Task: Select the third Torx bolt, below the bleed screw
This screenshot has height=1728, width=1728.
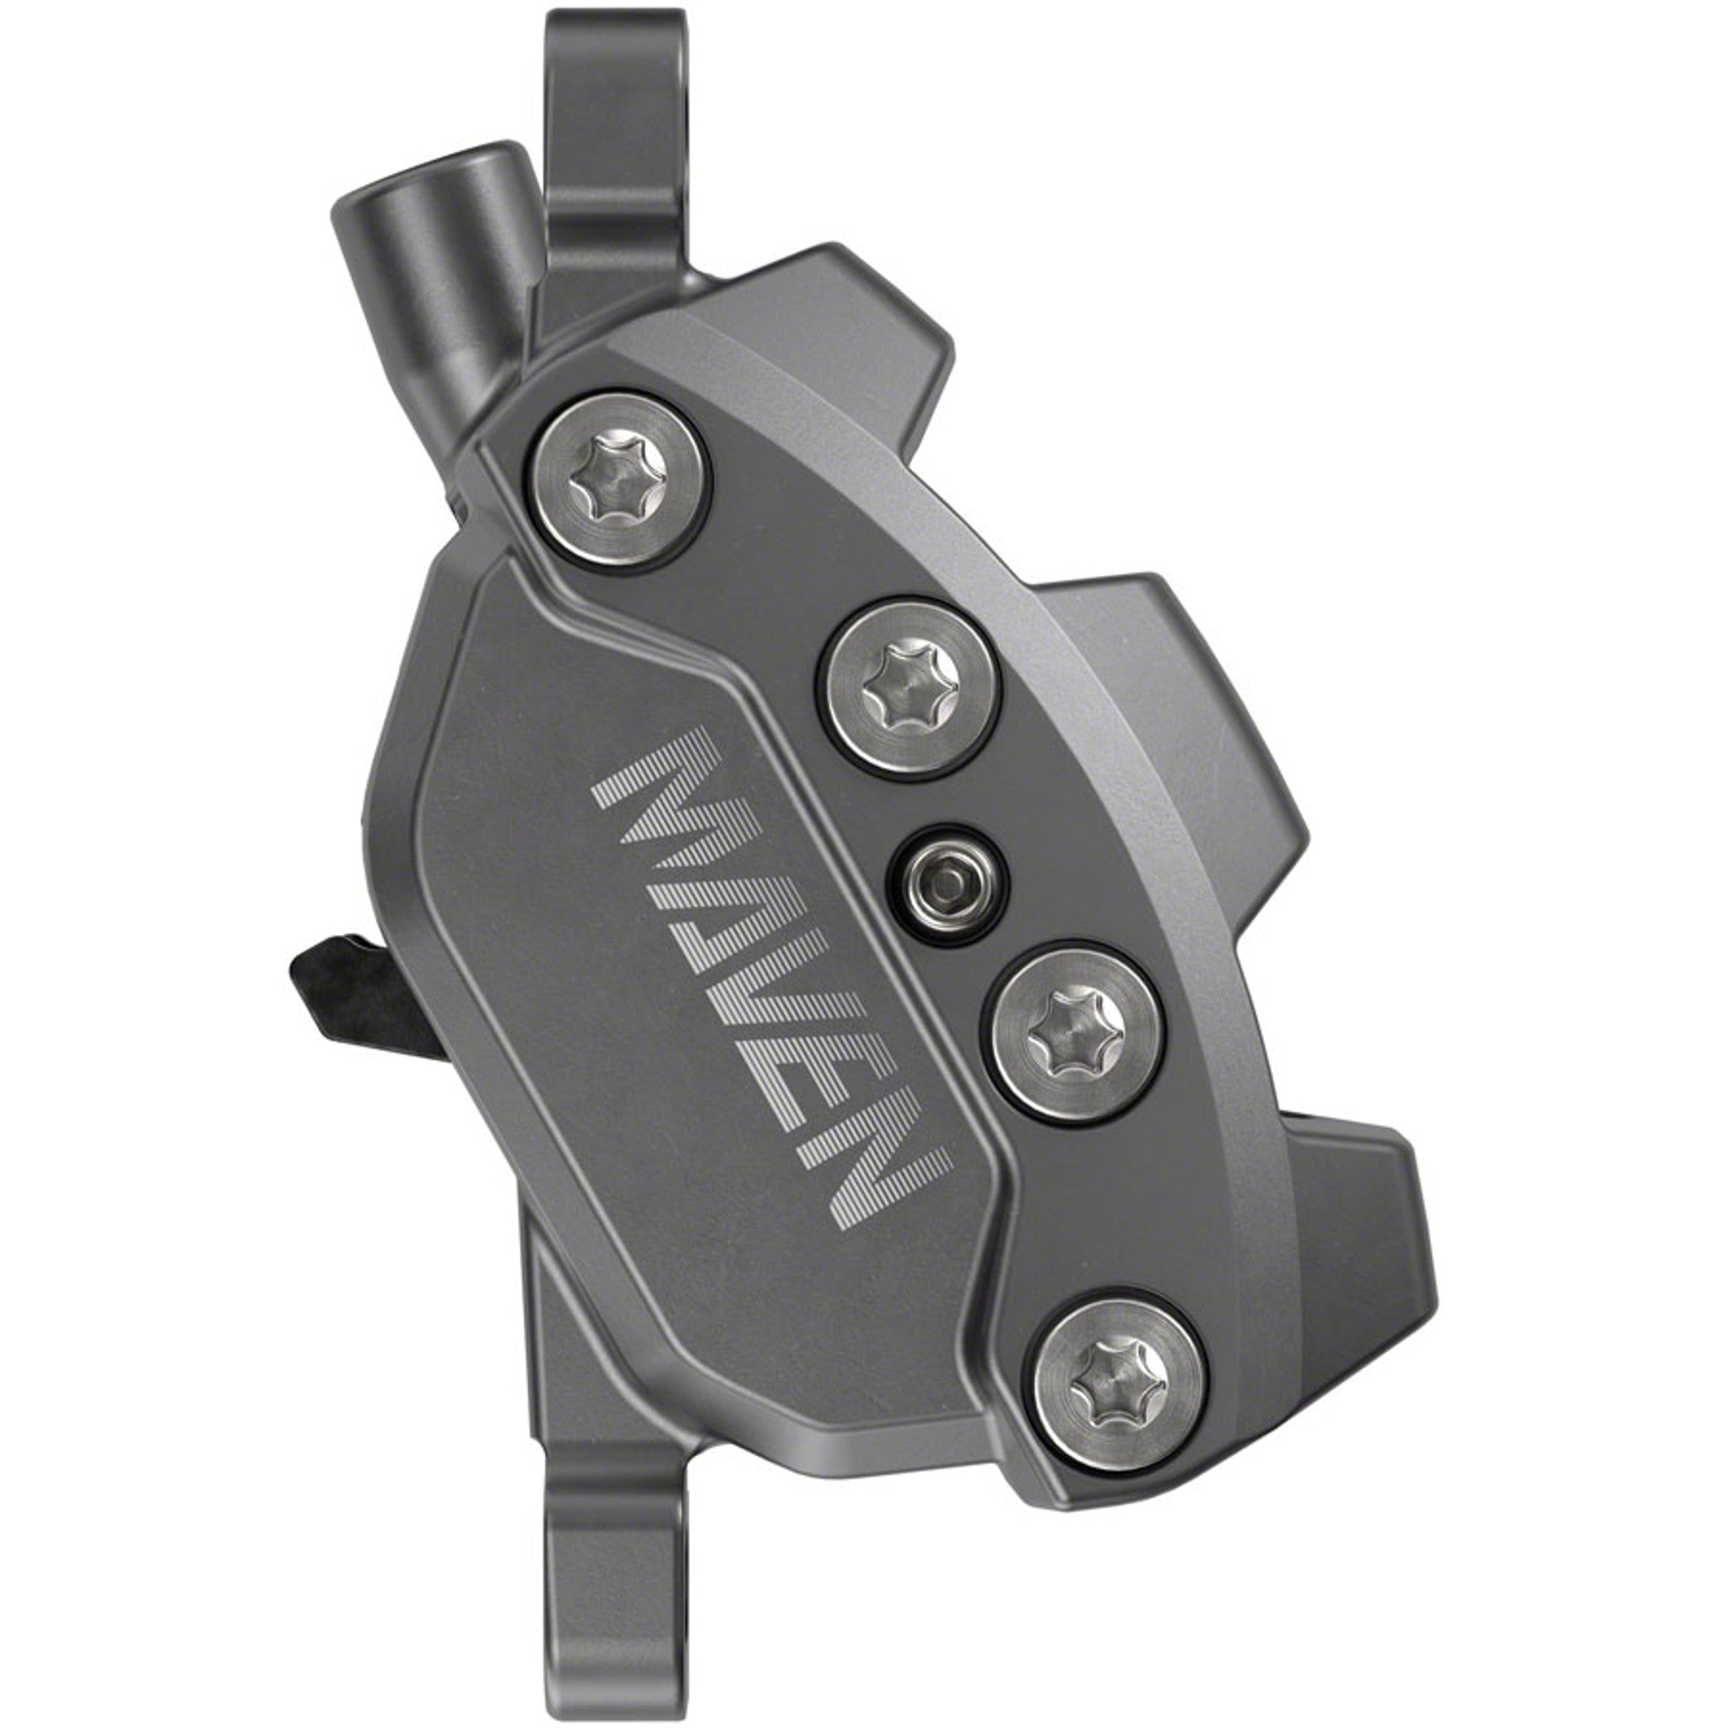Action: [1078, 1039]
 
